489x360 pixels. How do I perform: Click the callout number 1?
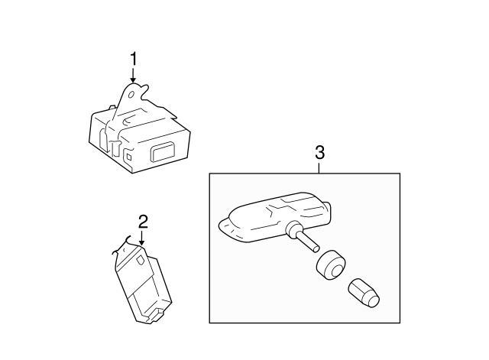[134, 59]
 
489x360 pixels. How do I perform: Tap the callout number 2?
[142, 222]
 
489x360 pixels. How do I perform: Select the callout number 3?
[320, 152]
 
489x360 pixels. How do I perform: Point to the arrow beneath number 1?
[134, 76]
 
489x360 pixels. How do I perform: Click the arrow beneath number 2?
[142, 238]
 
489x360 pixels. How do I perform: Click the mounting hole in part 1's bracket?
[134, 96]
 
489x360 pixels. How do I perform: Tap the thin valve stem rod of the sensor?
[308, 242]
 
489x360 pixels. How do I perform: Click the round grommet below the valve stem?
[329, 264]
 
